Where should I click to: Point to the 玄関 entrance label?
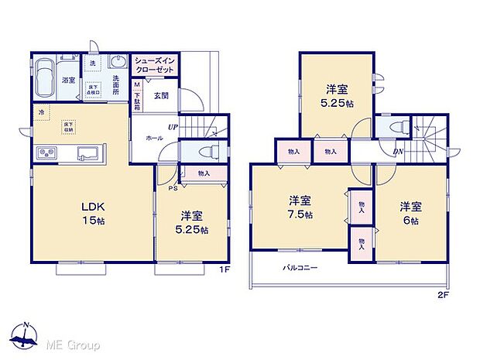click(x=161, y=96)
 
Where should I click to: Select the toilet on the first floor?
click(x=207, y=152)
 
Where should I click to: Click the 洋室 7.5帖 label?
click(x=300, y=207)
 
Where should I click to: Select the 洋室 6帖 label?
click(x=411, y=213)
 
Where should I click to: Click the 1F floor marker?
click(x=225, y=269)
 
